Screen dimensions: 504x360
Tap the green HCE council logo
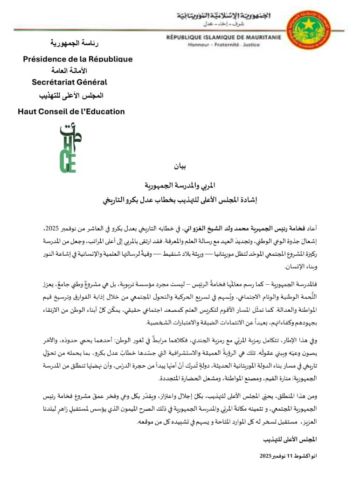tap(70, 148)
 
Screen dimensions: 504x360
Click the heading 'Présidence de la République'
tap(78, 59)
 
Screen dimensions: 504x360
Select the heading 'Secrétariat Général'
tap(69, 82)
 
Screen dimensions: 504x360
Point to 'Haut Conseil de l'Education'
tap(71, 112)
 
